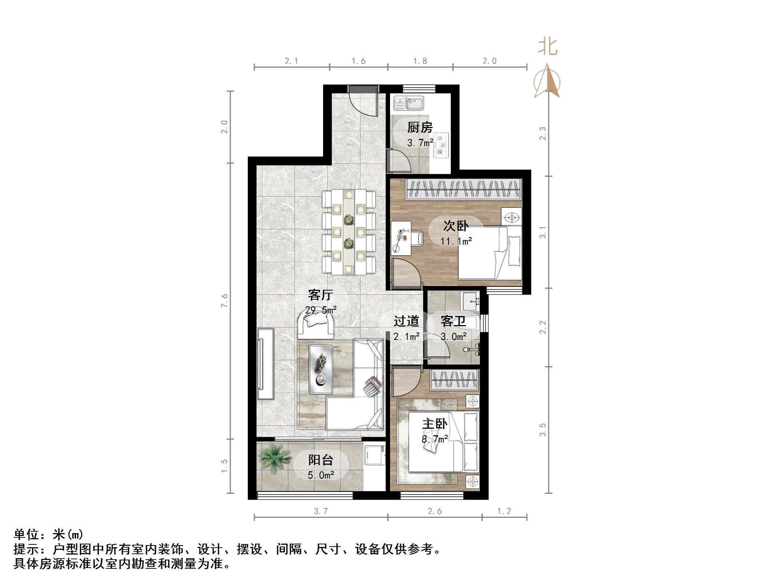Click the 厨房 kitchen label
pyautogui.click(x=420, y=128)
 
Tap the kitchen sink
pyautogui.click(x=409, y=103)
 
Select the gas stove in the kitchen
pyautogui.click(x=441, y=145)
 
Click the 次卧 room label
pyautogui.click(x=456, y=226)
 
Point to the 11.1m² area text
pyautogui.click(x=456, y=241)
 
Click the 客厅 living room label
pyautogui.click(x=320, y=295)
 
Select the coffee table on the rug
pyautogui.click(x=321, y=369)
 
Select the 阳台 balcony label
pyautogui.click(x=321, y=460)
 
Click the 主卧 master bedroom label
pyautogui.click(x=434, y=424)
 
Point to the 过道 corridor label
pyautogui.click(x=406, y=321)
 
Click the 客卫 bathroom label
pyautogui.click(x=453, y=321)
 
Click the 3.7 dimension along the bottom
pyautogui.click(x=321, y=511)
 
